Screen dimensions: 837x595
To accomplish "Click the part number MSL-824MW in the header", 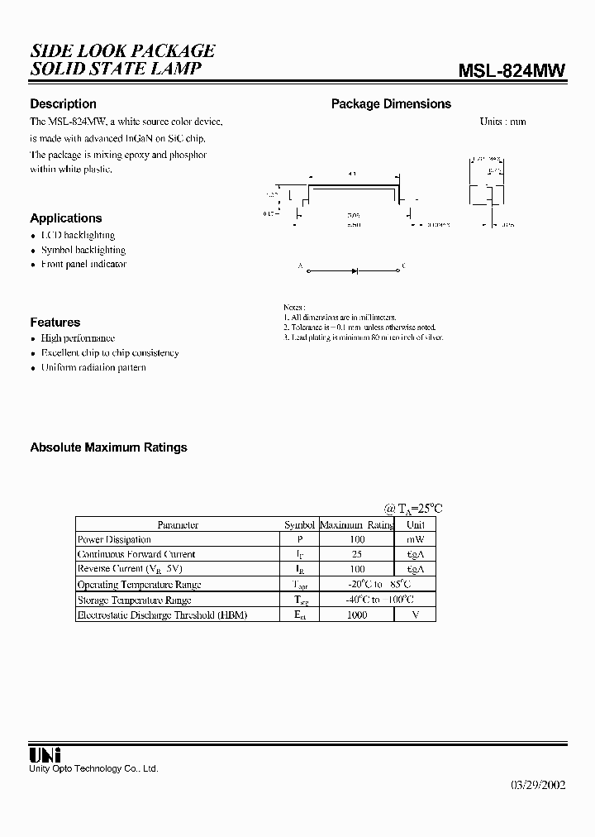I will coord(512,71).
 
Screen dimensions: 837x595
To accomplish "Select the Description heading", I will coord(63,104).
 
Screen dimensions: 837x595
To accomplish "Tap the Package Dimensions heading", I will coord(391,104).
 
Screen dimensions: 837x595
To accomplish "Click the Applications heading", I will coord(66,218).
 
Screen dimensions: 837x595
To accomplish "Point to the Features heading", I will coord(55,323).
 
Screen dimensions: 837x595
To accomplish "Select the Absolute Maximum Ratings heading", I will coord(108,447).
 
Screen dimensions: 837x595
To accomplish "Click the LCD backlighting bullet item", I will coord(78,235).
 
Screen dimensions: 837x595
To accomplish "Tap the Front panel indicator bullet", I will coord(83,265).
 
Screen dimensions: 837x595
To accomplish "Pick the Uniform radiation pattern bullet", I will coord(93,367).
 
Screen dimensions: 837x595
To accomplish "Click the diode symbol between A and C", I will coord(355,270).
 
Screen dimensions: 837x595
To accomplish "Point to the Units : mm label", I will coord(502,122).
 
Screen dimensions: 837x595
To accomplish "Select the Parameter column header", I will coord(178,525).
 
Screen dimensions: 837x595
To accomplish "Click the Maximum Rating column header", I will coord(356,525).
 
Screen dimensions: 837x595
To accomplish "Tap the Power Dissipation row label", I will coord(114,539).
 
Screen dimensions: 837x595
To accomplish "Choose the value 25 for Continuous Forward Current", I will coord(357,554).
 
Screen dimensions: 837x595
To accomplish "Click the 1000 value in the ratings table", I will coord(357,615).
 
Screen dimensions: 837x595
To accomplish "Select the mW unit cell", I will coord(415,539).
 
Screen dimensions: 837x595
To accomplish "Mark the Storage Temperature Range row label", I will coord(134,600).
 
